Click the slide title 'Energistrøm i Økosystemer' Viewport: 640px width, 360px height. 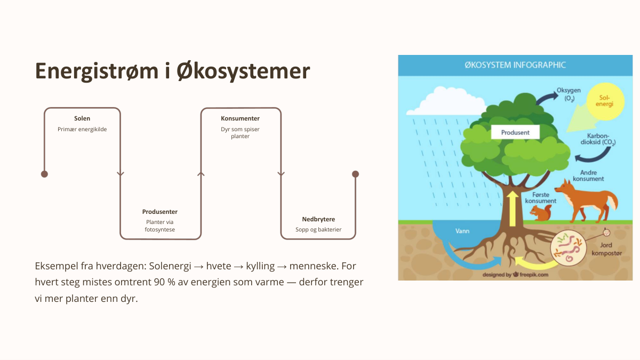tap(172, 71)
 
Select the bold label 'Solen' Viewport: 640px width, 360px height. tap(82, 118)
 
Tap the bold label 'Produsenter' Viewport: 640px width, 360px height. tap(159, 212)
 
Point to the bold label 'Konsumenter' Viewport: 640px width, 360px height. tap(240, 118)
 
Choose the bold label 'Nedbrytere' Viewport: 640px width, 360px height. tap(318, 219)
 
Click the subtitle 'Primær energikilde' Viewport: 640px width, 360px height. tap(82, 129)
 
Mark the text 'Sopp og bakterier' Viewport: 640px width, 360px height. tap(318, 229)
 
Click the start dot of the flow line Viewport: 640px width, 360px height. tap(44, 174)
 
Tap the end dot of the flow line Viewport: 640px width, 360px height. tap(355, 174)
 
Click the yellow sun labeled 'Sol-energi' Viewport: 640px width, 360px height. tap(605, 101)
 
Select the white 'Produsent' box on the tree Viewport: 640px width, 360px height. tap(515, 132)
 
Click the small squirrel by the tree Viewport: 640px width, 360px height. tap(541, 213)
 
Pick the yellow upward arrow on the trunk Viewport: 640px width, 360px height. tap(513, 209)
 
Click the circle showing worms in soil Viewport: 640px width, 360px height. tap(569, 248)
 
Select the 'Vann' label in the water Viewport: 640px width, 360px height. tap(462, 231)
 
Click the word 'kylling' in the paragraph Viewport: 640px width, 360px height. tap(260, 266)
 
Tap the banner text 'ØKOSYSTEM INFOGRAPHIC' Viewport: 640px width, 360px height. tap(515, 65)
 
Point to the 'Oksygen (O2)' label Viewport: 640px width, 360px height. tap(569, 94)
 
